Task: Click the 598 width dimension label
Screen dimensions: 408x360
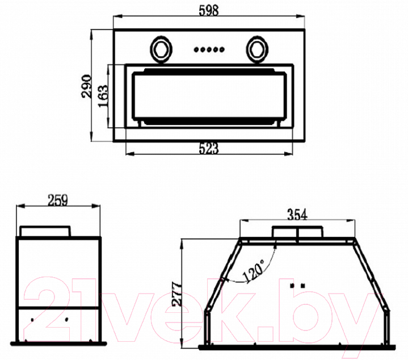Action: (x=209, y=11)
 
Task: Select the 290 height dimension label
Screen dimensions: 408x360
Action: (x=87, y=86)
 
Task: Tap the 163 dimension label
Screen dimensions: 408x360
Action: (x=103, y=96)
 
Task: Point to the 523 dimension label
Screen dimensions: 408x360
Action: (x=209, y=149)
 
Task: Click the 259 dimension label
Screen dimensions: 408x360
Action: (x=58, y=200)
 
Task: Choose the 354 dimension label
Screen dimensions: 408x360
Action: (x=297, y=215)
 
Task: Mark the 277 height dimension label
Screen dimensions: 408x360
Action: (x=177, y=294)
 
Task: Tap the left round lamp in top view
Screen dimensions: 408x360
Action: (x=161, y=49)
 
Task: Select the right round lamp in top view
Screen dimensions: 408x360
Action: (x=258, y=49)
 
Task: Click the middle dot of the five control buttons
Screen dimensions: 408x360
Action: (x=209, y=49)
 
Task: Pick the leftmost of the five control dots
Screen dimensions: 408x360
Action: (x=196, y=49)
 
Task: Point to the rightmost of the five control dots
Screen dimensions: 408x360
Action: (x=222, y=49)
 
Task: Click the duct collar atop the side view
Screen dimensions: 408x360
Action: (x=45, y=232)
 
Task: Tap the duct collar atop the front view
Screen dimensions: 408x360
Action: (x=297, y=232)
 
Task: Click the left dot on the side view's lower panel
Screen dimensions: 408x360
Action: (x=32, y=320)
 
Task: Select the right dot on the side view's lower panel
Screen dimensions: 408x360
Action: (x=66, y=319)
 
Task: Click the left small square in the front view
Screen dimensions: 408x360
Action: (x=292, y=286)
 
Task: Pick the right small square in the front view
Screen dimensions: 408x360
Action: (x=302, y=286)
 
